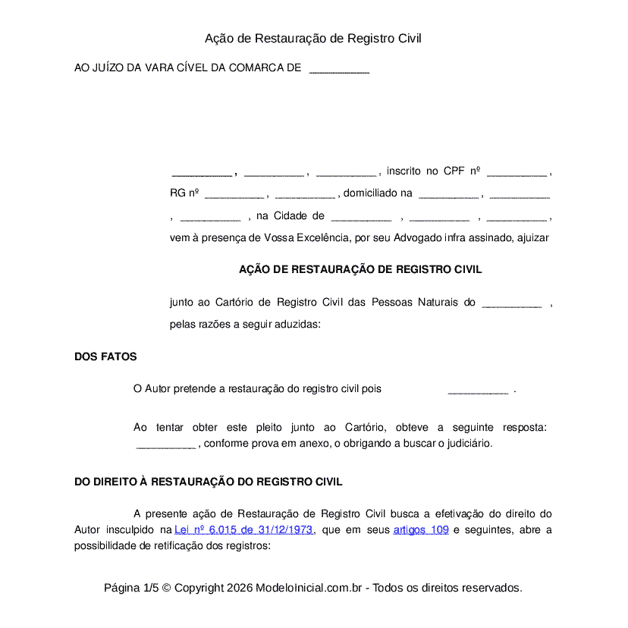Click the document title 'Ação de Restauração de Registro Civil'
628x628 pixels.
(313, 39)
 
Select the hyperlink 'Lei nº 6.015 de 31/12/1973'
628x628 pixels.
(243, 530)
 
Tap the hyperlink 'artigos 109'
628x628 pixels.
(421, 530)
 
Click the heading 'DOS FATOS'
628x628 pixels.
(105, 357)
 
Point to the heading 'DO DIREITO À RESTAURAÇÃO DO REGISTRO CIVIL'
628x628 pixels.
(208, 482)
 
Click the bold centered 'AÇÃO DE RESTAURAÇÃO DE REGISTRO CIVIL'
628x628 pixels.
(360, 269)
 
